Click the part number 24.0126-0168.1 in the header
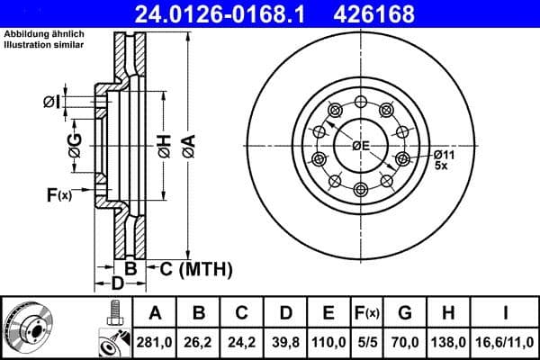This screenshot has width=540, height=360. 232,13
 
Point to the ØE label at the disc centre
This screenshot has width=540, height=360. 361,147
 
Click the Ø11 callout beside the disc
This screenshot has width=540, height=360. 444,154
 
